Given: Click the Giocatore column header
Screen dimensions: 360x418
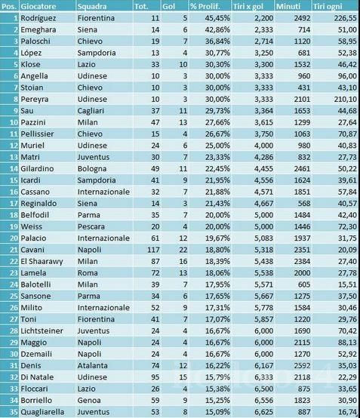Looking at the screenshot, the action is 38,6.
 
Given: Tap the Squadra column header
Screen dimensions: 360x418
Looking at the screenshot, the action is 92,6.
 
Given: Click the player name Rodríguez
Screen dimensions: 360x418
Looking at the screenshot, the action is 38,18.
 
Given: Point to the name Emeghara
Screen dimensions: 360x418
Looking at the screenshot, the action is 38,29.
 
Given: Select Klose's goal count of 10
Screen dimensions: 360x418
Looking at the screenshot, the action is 183,65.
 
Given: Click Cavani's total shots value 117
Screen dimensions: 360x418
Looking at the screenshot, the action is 153,250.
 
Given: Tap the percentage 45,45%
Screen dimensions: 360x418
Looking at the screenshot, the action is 217,18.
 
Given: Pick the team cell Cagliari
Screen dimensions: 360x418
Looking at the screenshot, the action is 91,111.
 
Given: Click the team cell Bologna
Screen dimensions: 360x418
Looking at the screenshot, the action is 92,169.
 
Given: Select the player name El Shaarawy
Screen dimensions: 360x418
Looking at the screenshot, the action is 42,262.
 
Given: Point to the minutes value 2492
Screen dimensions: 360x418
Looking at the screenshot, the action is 302,18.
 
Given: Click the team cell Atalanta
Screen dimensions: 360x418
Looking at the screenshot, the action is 93,365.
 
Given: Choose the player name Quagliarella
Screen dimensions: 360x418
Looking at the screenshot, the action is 42,412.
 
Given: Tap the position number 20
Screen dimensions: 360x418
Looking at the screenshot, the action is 14,238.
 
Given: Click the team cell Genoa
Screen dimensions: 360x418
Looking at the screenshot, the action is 89,401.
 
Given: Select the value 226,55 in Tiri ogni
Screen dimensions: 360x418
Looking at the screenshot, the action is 346,18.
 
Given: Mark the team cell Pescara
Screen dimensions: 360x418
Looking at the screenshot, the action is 91,226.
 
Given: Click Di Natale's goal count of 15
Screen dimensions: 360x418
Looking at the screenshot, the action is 183,377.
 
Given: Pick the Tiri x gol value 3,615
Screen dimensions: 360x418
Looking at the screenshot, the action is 263,122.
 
